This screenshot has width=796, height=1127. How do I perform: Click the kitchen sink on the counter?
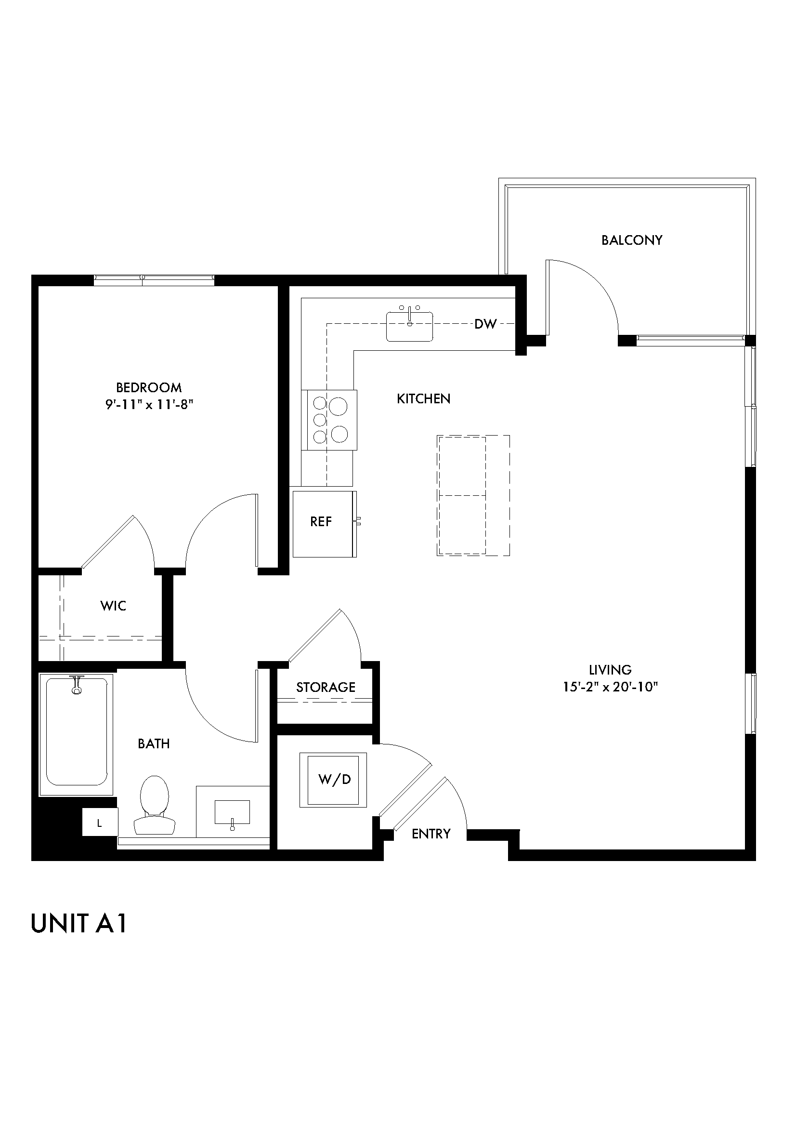(409, 326)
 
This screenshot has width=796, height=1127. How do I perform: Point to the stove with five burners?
(329, 420)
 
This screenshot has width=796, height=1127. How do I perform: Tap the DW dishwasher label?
(485, 324)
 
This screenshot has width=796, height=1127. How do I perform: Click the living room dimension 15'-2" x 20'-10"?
(610, 687)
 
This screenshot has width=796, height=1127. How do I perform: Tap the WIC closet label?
(113, 606)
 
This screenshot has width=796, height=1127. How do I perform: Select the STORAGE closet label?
(326, 687)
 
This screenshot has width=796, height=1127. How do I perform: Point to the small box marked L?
(100, 823)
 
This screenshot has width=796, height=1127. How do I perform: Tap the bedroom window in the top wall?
(154, 280)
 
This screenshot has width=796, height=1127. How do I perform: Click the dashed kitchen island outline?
(473, 495)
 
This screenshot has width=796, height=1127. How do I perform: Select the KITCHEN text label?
(424, 398)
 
